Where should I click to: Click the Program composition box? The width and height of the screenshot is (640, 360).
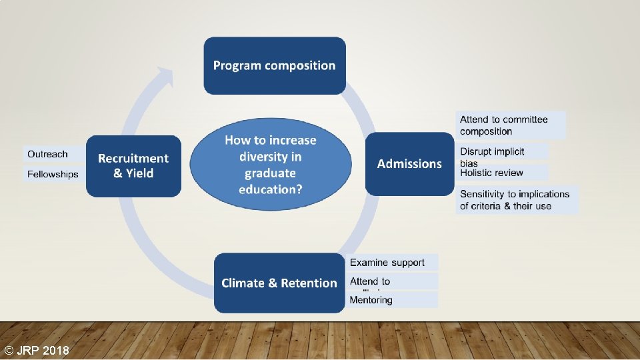[274, 65]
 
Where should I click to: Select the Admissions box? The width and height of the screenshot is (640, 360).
[409, 163]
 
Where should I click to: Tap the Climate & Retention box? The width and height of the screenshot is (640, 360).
[279, 283]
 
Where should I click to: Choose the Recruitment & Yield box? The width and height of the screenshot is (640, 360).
[133, 166]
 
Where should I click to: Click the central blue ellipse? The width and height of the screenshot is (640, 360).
[270, 163]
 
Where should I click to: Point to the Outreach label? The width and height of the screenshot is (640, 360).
[48, 154]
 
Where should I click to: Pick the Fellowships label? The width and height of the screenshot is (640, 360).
[53, 174]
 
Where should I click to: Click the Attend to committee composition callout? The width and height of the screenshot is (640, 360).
[511, 125]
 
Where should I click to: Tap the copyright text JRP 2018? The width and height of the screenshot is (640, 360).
[36, 351]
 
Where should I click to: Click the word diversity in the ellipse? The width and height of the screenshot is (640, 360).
[270, 157]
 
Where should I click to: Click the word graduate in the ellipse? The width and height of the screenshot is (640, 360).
[270, 173]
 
